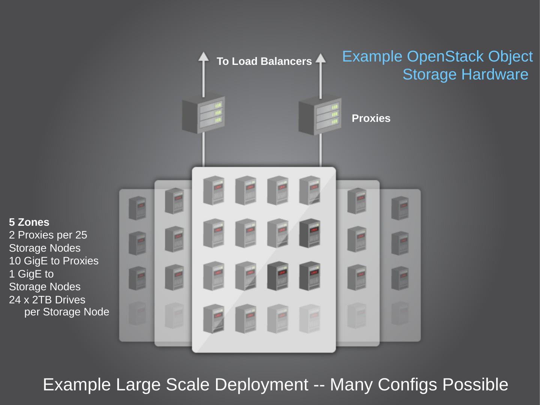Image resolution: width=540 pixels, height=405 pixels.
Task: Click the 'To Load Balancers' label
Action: (264, 61)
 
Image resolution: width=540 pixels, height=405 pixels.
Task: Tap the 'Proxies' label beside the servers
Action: (371, 118)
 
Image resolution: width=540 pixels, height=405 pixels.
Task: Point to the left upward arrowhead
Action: (203, 56)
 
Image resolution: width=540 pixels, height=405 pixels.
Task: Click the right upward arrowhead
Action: (320, 58)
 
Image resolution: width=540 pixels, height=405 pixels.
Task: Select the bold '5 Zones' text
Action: (29, 222)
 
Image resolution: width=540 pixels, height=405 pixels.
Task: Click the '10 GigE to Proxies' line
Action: (54, 261)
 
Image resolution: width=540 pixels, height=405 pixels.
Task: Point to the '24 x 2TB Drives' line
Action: (47, 300)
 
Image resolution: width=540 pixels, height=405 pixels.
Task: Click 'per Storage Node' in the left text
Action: (67, 312)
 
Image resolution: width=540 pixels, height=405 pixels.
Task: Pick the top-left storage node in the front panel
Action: (214, 190)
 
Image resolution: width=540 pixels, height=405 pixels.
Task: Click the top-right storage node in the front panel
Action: (310, 190)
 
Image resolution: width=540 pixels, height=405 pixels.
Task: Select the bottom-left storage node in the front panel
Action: (214, 319)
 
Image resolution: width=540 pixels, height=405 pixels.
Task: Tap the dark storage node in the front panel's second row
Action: (310, 233)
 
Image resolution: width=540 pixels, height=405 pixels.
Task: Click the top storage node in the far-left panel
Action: (137, 208)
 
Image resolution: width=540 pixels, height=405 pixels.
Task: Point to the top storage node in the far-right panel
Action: (400, 208)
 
